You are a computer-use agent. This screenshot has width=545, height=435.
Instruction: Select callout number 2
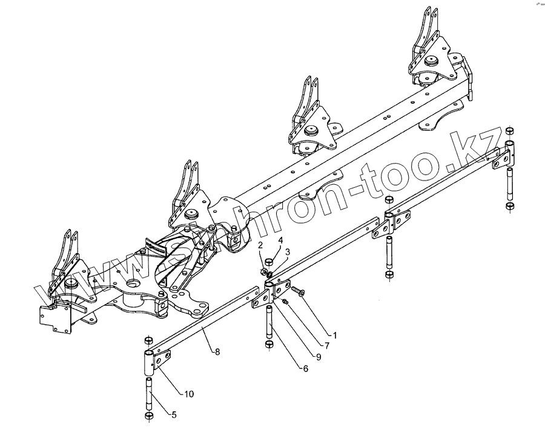click(260, 245)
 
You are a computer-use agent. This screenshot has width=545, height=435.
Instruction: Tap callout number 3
click(288, 251)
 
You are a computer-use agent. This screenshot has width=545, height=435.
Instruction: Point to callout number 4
click(280, 241)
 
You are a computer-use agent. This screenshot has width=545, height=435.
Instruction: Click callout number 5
click(174, 416)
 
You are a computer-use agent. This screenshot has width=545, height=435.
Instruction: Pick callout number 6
click(306, 368)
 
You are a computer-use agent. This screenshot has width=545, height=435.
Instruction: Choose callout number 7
click(326, 346)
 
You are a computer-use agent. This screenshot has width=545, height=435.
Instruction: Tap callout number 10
click(189, 394)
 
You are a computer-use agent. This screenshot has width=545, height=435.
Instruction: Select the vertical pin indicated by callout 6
click(269, 324)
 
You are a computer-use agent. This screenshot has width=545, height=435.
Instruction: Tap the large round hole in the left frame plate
click(132, 284)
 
